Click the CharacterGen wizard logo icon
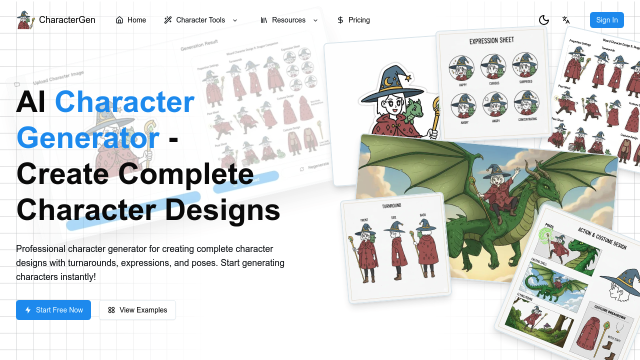25,20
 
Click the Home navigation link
131,20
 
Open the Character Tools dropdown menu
200,20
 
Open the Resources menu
289,20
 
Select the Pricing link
353,20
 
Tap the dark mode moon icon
544,20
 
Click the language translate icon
566,20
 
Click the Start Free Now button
53,310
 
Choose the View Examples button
137,310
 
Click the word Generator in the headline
88,137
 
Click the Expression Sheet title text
491,40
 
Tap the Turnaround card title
391,205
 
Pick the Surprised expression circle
525,65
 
